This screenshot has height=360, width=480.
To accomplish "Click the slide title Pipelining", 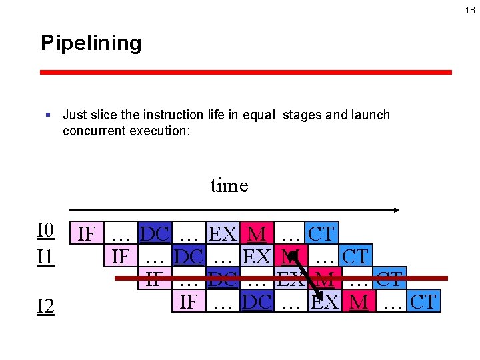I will [x=91, y=43].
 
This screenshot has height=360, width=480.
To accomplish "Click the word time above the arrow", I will [x=229, y=185].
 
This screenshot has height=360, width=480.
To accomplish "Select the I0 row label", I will [x=45, y=231].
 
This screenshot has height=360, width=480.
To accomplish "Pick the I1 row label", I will [x=45, y=257].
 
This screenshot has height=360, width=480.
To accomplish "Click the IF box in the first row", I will [x=87, y=234].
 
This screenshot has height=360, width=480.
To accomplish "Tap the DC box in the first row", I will [x=155, y=234].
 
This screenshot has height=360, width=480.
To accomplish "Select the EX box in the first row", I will [x=223, y=234].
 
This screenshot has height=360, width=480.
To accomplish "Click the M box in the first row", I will [x=257, y=234].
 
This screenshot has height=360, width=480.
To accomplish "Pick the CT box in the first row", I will [x=321, y=234].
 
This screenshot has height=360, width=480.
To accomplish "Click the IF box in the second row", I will [x=121, y=255].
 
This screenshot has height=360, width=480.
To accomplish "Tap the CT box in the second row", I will [x=355, y=255].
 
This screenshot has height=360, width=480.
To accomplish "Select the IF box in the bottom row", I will [x=189, y=302].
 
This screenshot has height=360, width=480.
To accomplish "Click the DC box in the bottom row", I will [x=257, y=302].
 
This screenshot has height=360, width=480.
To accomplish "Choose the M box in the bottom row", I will [x=359, y=302].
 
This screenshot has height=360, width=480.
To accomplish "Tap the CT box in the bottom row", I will [x=423, y=302].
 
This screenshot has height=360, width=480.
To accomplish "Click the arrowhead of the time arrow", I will [x=396, y=210].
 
